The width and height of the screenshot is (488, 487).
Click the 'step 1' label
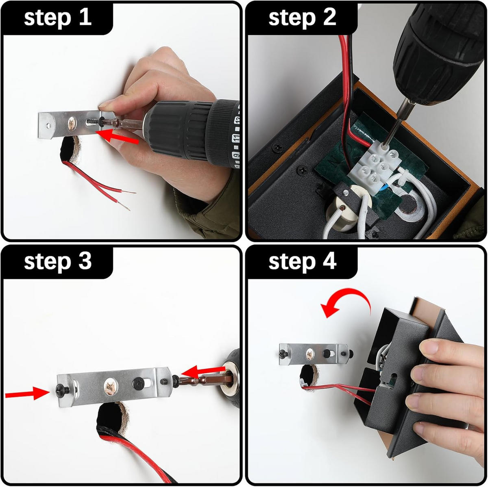point(57,18)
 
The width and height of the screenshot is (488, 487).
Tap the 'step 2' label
point(303,18)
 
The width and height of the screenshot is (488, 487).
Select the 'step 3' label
point(57,262)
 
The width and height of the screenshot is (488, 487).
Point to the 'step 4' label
point(303,262)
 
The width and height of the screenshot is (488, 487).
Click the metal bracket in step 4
point(314,354)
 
